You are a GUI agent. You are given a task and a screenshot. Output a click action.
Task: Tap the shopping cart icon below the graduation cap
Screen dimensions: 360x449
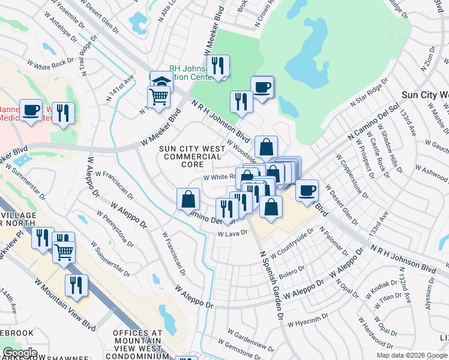(158, 96)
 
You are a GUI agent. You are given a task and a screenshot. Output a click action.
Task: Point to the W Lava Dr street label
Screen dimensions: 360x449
(232, 234)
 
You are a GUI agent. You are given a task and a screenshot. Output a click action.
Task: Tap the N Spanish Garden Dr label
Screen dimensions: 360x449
(271, 285)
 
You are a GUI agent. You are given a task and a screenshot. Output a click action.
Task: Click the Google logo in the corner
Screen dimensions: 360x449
(20, 353)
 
